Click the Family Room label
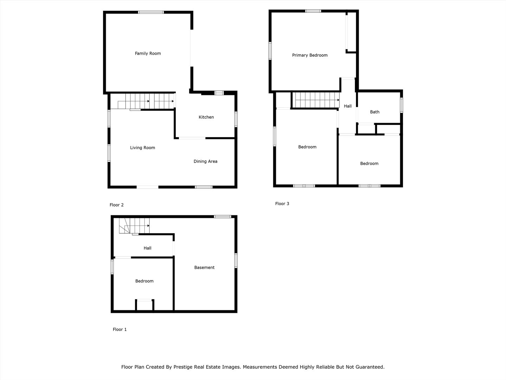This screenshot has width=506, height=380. point(148,53)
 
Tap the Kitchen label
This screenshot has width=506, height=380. point(206,117)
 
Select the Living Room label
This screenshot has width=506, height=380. point(142,148)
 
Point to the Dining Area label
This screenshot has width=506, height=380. point(205,161)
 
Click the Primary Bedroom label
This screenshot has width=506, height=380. point(310,55)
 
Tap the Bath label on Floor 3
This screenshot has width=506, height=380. point(375,112)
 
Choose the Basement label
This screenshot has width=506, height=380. point(204,267)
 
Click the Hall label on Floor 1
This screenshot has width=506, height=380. point(147,248)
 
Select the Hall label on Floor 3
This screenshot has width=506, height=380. point(348,106)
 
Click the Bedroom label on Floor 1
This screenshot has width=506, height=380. point(144,281)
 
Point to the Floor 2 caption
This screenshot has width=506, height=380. point(117,205)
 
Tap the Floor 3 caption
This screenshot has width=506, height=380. point(282,204)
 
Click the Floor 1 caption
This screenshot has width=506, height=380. point(119,330)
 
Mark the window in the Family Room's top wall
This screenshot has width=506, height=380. point(151,12)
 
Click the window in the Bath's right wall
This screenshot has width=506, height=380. point(401,105)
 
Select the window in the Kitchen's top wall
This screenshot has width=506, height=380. point(219,93)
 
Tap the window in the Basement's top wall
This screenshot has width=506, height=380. point(222,216)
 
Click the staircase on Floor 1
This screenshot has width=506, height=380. point(134,225)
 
